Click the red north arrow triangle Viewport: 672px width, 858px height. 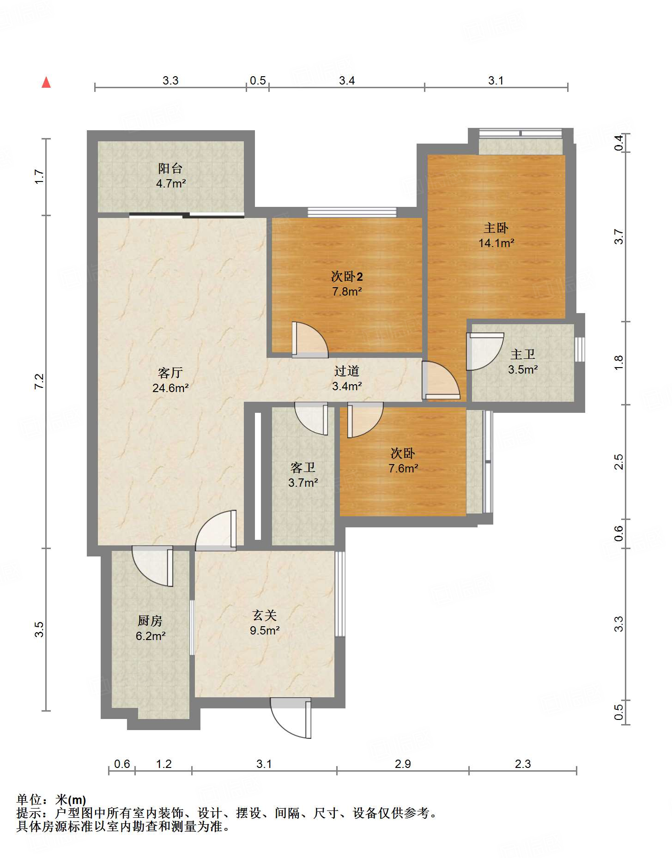coord(46,82)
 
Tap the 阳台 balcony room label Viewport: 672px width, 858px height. coord(170,169)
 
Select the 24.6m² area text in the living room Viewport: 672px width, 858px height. coord(170,388)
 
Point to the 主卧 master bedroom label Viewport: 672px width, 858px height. coord(496,228)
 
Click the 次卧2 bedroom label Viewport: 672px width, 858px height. coord(347,277)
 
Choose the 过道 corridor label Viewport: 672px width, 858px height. coord(347,371)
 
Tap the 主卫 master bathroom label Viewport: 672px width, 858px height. coord(523,354)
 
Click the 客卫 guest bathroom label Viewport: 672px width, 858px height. coord(303,468)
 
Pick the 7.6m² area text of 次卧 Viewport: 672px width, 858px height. coord(403,468)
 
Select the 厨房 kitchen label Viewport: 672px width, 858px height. coord(150,621)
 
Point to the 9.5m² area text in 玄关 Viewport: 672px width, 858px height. coord(265,630)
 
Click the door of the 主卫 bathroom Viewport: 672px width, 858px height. coord(484,351)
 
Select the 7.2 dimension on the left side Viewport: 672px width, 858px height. coord(39,381)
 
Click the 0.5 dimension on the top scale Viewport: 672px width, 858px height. coord(258,81)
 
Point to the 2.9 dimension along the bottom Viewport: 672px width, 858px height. coord(403,764)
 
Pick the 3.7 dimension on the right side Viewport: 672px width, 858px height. coord(619,237)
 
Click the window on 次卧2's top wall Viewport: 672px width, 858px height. coord(352,212)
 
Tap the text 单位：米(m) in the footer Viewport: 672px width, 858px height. coord(51,799)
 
